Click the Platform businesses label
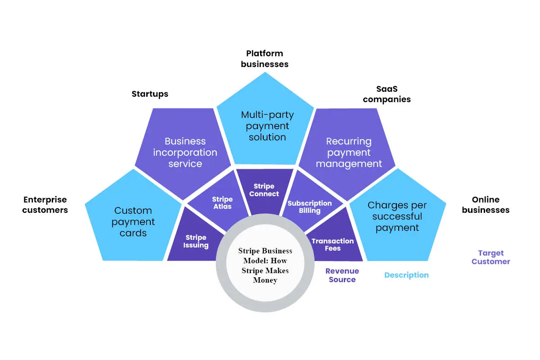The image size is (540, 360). click(x=265, y=59)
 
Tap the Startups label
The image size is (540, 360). click(x=150, y=94)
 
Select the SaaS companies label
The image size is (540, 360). click(x=387, y=94)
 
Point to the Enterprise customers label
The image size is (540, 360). click(x=45, y=205)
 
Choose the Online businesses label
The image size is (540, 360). click(x=486, y=205)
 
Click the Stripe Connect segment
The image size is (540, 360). click(x=264, y=190)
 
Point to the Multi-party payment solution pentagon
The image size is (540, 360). click(x=265, y=123)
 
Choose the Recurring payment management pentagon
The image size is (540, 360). click(x=347, y=152)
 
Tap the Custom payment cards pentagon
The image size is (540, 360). click(x=133, y=220)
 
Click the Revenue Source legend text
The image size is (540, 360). click(x=342, y=275)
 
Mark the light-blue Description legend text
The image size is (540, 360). click(x=406, y=275)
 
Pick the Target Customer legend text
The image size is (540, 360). click(x=490, y=257)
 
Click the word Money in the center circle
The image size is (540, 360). click(x=265, y=280)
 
